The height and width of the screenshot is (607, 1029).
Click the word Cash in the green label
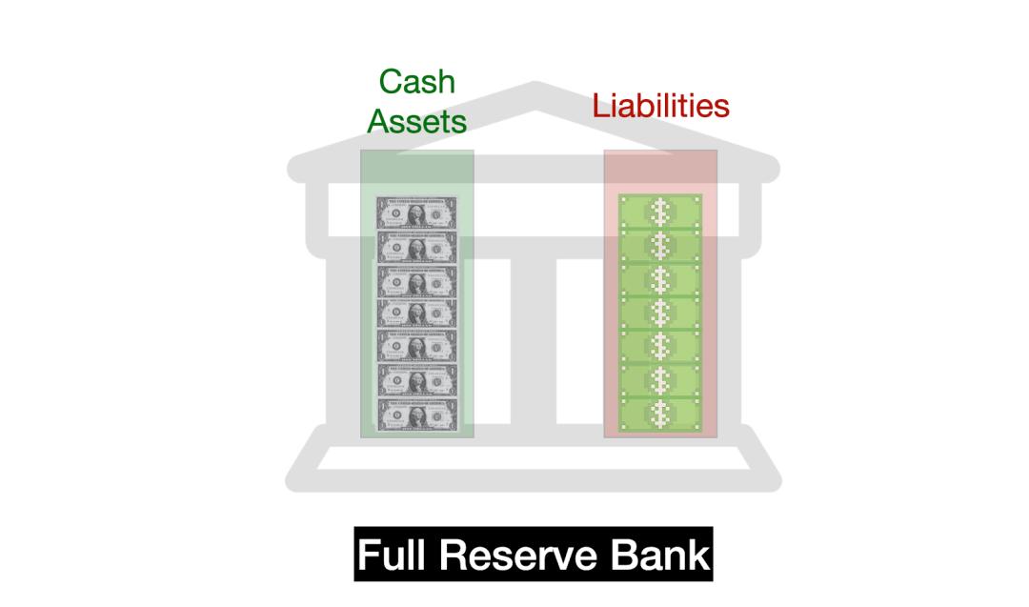point(416,82)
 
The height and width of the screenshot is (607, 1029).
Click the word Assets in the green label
point(416,122)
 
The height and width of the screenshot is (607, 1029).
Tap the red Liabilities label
point(660,105)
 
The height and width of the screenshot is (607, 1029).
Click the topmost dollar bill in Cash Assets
point(416,214)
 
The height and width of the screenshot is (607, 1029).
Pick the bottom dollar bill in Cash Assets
point(416,415)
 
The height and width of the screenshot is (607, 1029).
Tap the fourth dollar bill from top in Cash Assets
point(416,314)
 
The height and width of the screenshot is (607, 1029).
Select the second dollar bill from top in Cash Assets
point(416,248)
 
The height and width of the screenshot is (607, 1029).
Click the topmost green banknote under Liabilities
point(659,212)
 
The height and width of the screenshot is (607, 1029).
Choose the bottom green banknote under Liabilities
point(659,415)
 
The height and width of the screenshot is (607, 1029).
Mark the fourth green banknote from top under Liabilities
point(659,313)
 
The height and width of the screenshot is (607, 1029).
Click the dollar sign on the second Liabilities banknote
point(659,245)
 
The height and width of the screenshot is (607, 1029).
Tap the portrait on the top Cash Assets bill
point(416,214)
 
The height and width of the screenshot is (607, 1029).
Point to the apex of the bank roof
point(534,89)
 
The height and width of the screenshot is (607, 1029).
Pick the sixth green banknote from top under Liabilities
point(659,380)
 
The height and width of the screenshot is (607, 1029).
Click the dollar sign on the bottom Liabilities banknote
point(659,415)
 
